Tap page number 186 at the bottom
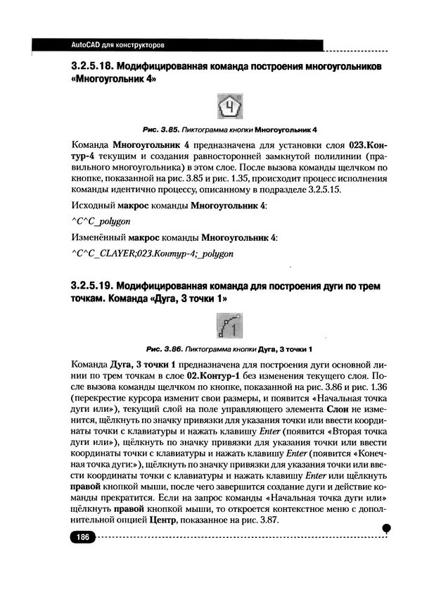click(x=82, y=537)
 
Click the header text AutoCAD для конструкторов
click(x=118, y=45)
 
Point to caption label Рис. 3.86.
click(x=163, y=349)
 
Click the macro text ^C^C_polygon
click(x=103, y=221)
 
